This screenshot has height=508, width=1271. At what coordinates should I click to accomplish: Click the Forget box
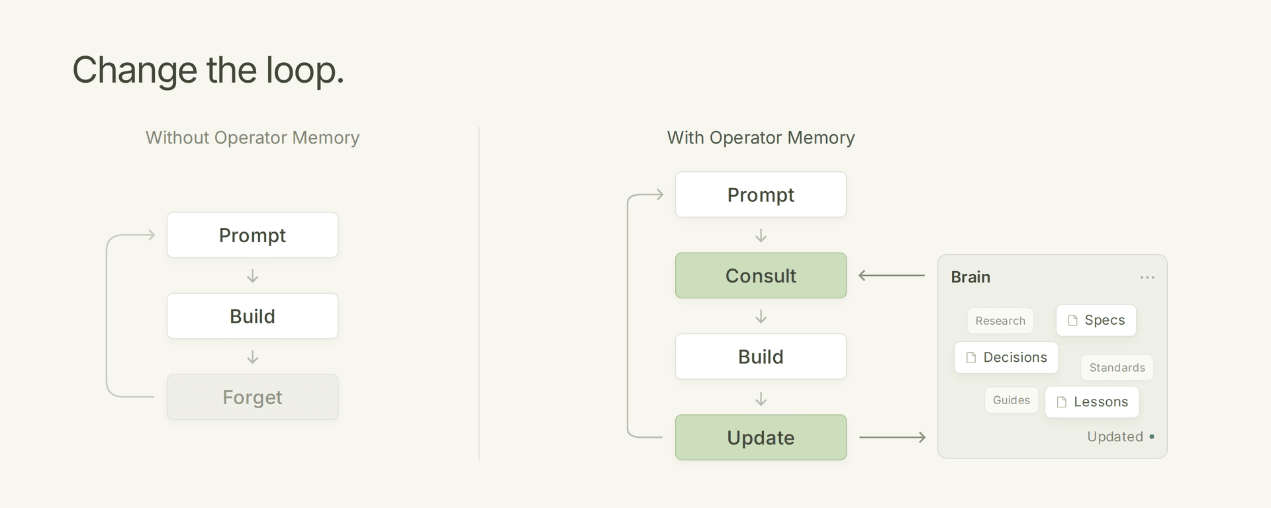tap(252, 397)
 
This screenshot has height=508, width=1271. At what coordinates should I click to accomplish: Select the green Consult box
tap(761, 275)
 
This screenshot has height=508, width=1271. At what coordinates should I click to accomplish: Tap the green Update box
tap(761, 437)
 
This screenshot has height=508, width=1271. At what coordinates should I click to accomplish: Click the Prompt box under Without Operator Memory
tap(252, 235)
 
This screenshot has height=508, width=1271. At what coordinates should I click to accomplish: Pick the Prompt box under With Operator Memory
tap(761, 194)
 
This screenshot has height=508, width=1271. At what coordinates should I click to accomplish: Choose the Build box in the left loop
tap(252, 316)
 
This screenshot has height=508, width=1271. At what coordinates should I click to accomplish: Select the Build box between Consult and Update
tap(761, 357)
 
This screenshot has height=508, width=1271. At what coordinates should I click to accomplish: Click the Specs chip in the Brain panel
tap(1096, 320)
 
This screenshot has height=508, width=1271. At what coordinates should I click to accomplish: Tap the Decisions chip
tap(1006, 357)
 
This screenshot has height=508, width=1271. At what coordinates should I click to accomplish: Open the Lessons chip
tap(1092, 402)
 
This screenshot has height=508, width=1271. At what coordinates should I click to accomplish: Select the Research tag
tap(1000, 321)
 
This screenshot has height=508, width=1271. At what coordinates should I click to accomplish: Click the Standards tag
tap(1117, 368)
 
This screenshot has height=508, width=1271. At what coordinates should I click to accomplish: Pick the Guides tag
tap(1012, 400)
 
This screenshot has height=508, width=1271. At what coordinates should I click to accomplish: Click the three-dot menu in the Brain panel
tap(1147, 277)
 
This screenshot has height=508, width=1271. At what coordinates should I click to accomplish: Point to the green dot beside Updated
tap(1152, 437)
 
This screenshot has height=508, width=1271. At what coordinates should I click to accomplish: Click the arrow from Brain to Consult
tap(892, 275)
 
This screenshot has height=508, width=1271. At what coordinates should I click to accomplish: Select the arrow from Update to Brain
tap(892, 437)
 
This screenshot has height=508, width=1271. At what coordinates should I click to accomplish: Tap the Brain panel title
tap(970, 277)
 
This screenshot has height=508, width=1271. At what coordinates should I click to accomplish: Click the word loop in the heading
tap(305, 70)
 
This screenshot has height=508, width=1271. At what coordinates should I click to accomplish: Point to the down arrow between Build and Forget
tap(252, 357)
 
